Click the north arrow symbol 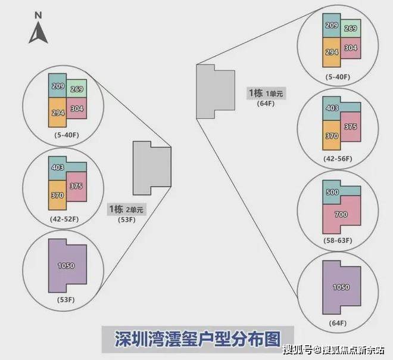click(x=38, y=33)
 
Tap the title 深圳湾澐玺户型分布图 click(x=198, y=339)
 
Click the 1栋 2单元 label click(x=126, y=209)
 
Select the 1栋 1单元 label click(x=266, y=93)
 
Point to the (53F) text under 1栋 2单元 click(x=127, y=219)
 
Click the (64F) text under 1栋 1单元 click(x=266, y=103)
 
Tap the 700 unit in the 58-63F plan click(x=341, y=215)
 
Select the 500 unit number click(x=332, y=192)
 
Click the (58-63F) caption click(x=338, y=240)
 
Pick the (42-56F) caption click(x=338, y=159)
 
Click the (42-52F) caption click(x=64, y=219)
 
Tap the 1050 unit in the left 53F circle click(x=66, y=266)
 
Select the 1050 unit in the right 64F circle click(x=341, y=287)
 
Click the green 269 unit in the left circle click(x=77, y=89)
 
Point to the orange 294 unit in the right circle click(x=332, y=52)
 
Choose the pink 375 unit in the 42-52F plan click(x=76, y=187)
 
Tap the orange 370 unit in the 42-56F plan click(x=332, y=135)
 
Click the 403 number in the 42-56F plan click(x=332, y=108)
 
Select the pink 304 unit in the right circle click(x=351, y=48)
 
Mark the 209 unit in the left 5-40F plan click(x=58, y=86)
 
